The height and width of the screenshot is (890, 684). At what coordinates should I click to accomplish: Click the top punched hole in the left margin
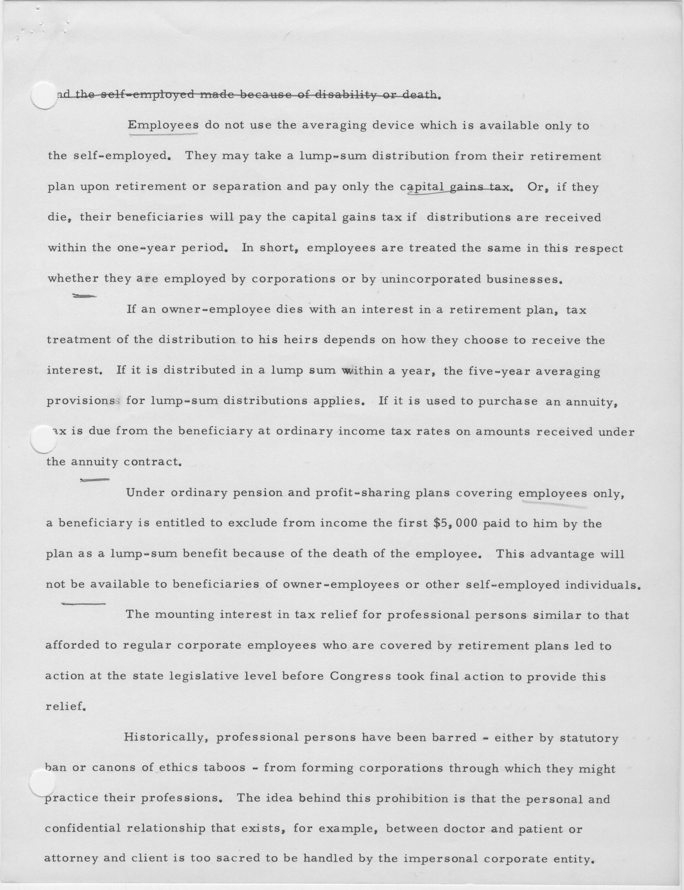[x=43, y=95]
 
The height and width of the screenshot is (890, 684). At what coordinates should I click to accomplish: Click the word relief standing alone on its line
[x=65, y=707]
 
